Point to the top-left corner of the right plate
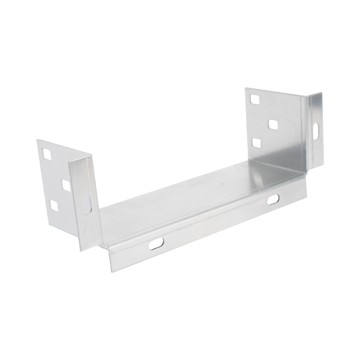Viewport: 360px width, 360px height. click(x=244, y=87)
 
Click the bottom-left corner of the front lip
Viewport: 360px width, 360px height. click(x=111, y=274)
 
